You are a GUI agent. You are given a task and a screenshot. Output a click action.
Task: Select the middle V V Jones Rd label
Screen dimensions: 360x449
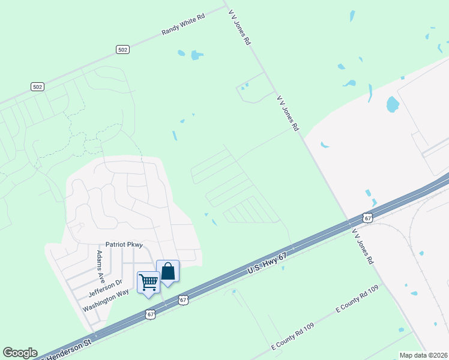click(288, 113)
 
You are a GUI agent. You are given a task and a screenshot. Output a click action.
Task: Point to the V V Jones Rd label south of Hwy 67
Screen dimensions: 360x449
click(363, 246)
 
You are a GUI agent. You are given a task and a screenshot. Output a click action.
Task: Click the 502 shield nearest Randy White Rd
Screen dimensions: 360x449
click(122, 50)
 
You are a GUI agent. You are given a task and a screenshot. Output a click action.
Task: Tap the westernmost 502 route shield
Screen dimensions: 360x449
click(37, 87)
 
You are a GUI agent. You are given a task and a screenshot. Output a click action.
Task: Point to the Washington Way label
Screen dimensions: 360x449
click(106, 300)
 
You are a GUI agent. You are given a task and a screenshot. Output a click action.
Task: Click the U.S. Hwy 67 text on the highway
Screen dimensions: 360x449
click(268, 264)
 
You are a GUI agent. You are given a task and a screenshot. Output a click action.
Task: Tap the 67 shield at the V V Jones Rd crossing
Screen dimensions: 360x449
click(367, 217)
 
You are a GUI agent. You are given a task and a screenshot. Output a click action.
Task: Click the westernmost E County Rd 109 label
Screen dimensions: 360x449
click(292, 338)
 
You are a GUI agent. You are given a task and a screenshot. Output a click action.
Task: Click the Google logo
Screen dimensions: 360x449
click(19, 353)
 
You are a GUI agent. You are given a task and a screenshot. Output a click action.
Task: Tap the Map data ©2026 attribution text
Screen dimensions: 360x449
click(423, 355)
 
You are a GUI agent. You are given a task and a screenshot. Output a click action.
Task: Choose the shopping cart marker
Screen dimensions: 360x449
click(148, 281)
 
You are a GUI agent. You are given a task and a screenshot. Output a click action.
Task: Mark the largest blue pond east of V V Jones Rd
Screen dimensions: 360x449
click(393, 105)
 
